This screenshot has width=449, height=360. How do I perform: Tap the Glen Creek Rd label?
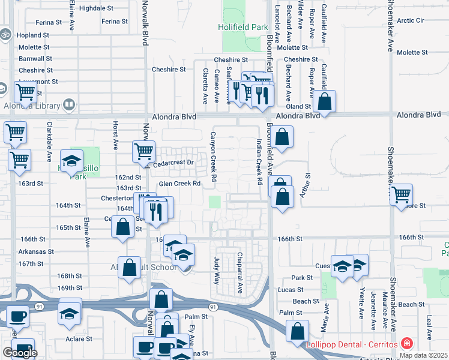pos(179,184)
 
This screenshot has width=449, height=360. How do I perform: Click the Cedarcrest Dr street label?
pos(174,163)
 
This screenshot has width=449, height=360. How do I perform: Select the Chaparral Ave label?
pos(239,273)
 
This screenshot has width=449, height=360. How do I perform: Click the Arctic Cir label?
pos(410,20)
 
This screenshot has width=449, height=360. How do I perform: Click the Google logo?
pos(20,353)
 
